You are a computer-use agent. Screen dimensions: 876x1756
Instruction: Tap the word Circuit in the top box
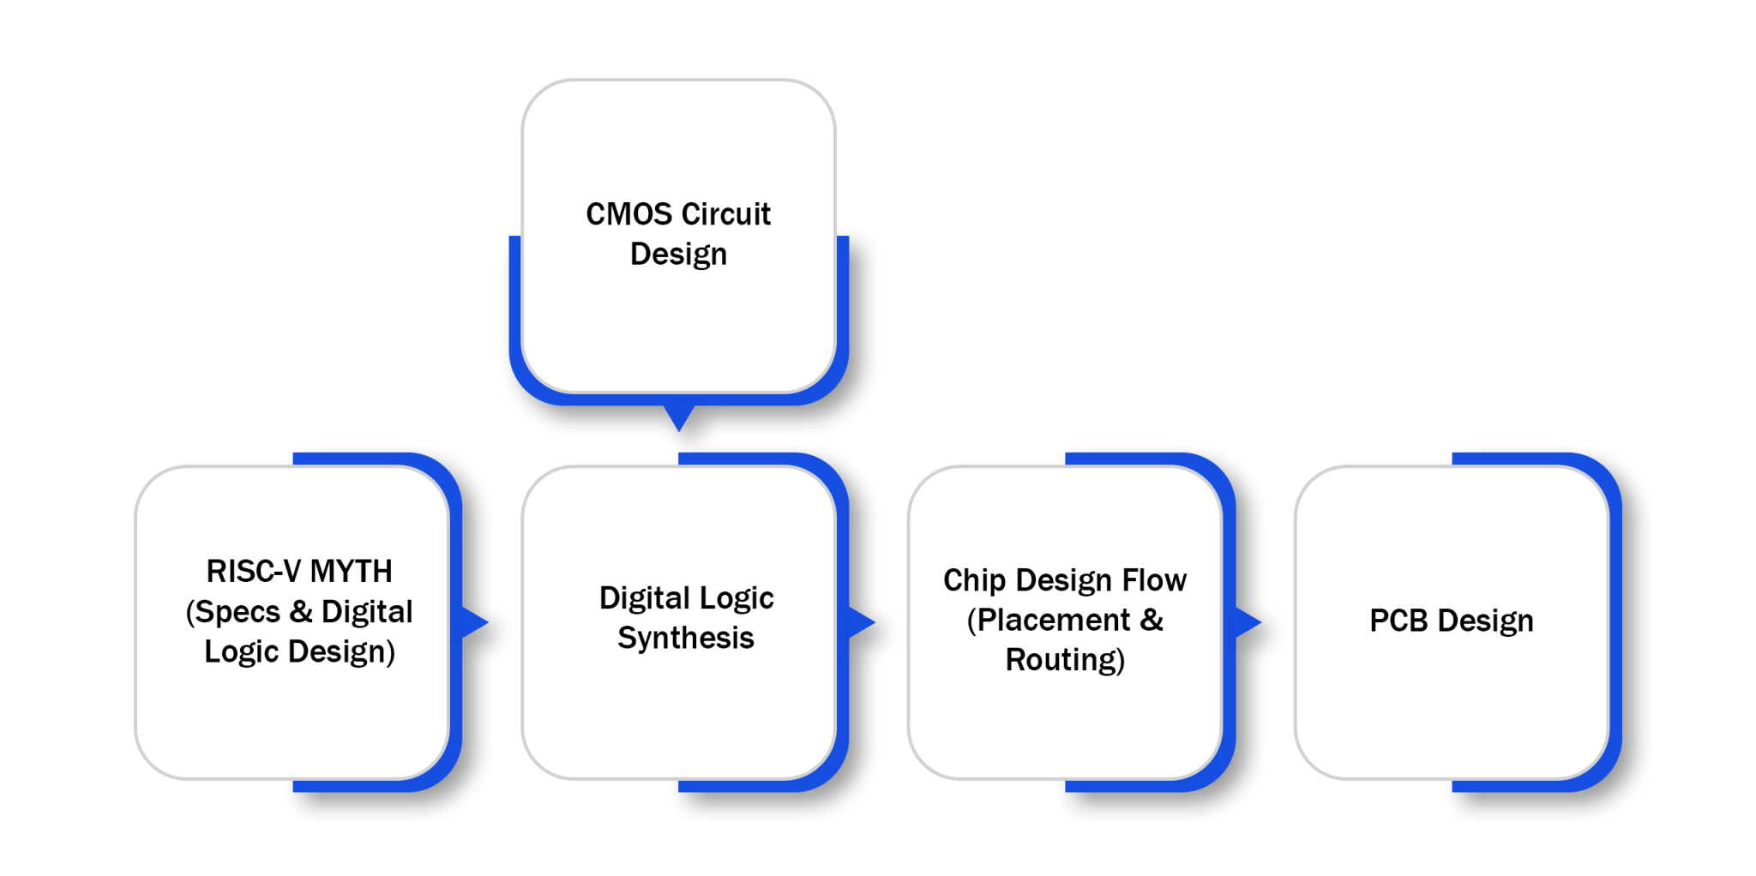click(x=726, y=214)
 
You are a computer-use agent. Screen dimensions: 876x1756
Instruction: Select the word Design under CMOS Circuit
click(x=678, y=255)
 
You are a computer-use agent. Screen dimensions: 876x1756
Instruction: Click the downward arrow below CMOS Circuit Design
click(x=678, y=418)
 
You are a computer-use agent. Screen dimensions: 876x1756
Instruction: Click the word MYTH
click(x=351, y=572)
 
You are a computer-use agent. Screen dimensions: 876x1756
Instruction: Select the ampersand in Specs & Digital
click(x=301, y=612)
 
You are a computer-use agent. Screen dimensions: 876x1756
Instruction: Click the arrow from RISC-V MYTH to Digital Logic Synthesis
click(x=474, y=622)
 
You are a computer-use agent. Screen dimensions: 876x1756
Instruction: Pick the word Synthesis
click(x=686, y=639)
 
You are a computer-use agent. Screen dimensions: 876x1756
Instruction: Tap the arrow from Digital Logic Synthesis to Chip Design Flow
click(x=861, y=622)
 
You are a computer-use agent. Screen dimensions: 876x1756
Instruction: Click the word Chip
click(x=974, y=581)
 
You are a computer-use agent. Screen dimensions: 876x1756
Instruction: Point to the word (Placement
click(x=1049, y=621)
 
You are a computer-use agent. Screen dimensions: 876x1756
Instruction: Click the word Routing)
click(x=1065, y=661)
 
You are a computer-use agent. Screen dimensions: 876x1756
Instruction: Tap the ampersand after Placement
click(x=1152, y=621)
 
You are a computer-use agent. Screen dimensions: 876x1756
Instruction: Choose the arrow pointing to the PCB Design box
click(x=1248, y=622)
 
